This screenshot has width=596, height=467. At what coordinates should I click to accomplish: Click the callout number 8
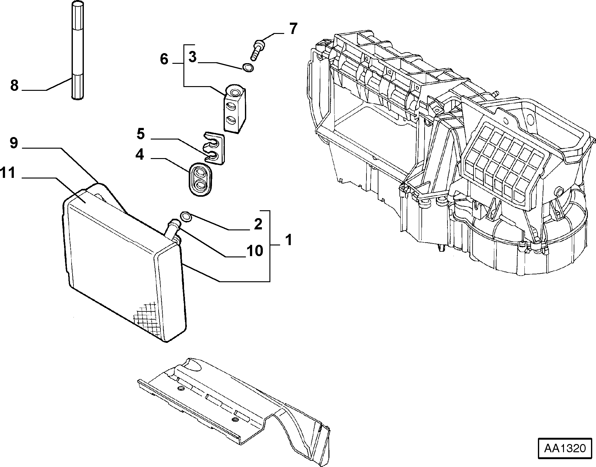(x=14, y=85)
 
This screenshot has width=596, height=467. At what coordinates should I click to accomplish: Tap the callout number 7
(x=293, y=29)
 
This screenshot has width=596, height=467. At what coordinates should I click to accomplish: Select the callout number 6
(x=164, y=59)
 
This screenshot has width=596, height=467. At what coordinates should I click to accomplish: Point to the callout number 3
(x=192, y=57)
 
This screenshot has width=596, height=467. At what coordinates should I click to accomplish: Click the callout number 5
(x=141, y=134)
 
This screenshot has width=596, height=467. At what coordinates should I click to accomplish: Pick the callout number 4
(x=140, y=155)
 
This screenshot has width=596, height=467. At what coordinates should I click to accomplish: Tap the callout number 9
(x=14, y=143)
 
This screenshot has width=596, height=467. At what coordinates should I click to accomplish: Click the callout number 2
(x=258, y=224)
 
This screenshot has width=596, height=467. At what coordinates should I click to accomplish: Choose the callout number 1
(x=289, y=240)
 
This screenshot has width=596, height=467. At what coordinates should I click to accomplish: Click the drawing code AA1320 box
(x=565, y=448)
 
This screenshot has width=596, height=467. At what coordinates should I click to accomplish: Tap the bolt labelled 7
(x=257, y=50)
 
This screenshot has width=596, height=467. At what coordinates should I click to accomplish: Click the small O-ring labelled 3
(x=248, y=68)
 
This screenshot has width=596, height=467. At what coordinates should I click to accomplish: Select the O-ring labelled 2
(x=186, y=217)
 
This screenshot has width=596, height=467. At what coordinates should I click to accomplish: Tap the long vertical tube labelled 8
(x=78, y=50)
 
